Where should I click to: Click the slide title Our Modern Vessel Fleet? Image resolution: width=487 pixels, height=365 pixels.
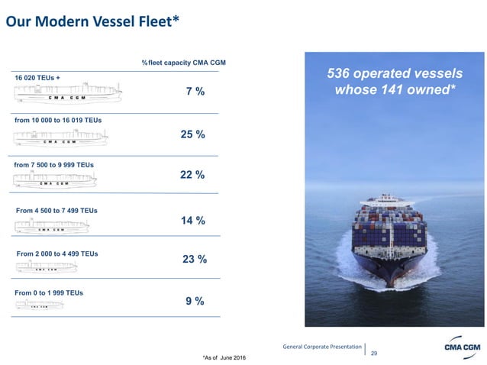pos(92,21)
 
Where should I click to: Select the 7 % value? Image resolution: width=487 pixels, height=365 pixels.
pos(195,92)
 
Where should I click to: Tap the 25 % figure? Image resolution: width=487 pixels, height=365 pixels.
pos(192,134)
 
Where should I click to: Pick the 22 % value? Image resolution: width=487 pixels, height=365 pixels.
pos(192,175)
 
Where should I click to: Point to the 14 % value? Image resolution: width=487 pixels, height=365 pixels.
pos(192,221)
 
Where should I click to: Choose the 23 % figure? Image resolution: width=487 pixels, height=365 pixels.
pos(195,259)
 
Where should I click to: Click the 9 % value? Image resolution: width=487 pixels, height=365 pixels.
pos(195,301)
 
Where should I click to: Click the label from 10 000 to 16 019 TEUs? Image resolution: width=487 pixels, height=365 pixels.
pos(58,120)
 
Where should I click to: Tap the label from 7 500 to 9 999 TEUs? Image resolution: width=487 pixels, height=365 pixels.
pos(54,164)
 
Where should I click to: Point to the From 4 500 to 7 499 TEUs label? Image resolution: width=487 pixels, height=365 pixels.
pos(56,210)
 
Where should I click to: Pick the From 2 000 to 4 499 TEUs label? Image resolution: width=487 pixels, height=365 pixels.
pos(56,253)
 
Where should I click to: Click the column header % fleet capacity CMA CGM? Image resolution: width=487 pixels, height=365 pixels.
pos(183,62)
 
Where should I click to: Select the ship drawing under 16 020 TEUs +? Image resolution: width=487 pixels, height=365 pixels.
pos(67,95)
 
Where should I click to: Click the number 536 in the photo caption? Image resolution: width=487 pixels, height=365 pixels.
pos(340,74)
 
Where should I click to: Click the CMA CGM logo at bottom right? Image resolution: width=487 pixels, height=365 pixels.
pos(461,348)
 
